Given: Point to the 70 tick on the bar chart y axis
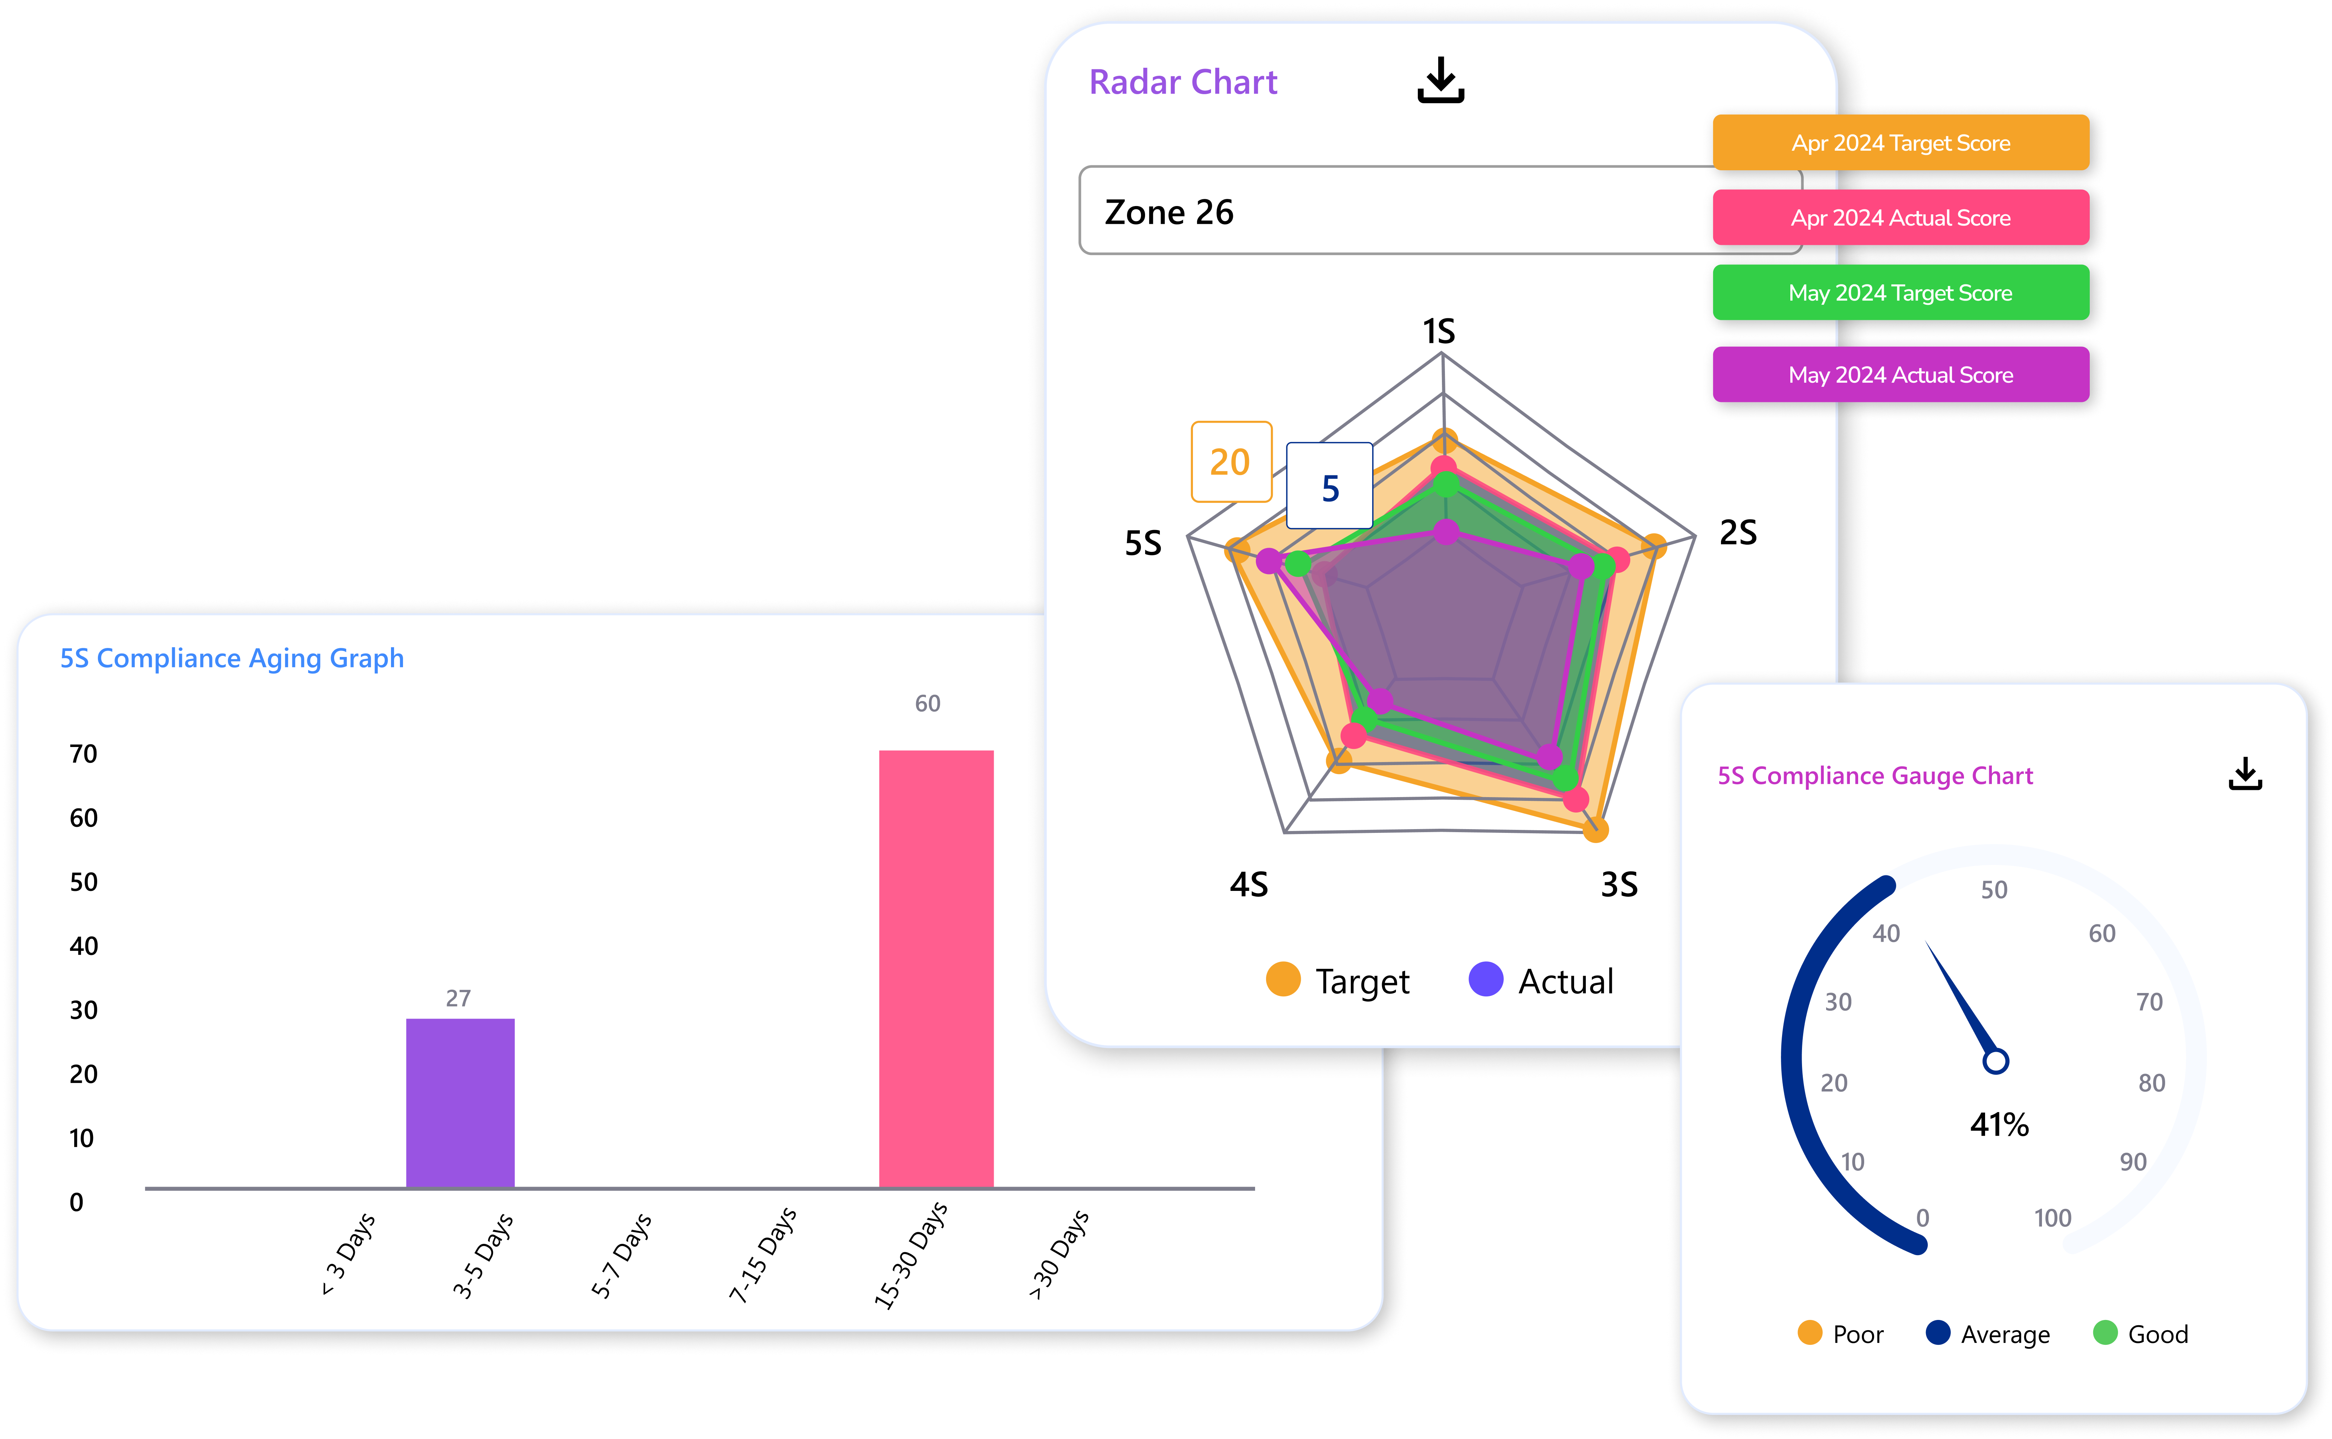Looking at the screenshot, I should coord(84,754).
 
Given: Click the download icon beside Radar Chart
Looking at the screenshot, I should coord(1440,81).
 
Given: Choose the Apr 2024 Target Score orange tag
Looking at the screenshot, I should coord(1900,143).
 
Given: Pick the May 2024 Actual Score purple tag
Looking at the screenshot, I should coord(1900,375).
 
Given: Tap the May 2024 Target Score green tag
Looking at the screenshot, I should coord(1900,293).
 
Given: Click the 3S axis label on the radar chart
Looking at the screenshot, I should coord(1619,884).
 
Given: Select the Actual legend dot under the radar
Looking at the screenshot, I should coord(1485,979).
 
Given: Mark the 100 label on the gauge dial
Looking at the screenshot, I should coord(2052,1218).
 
